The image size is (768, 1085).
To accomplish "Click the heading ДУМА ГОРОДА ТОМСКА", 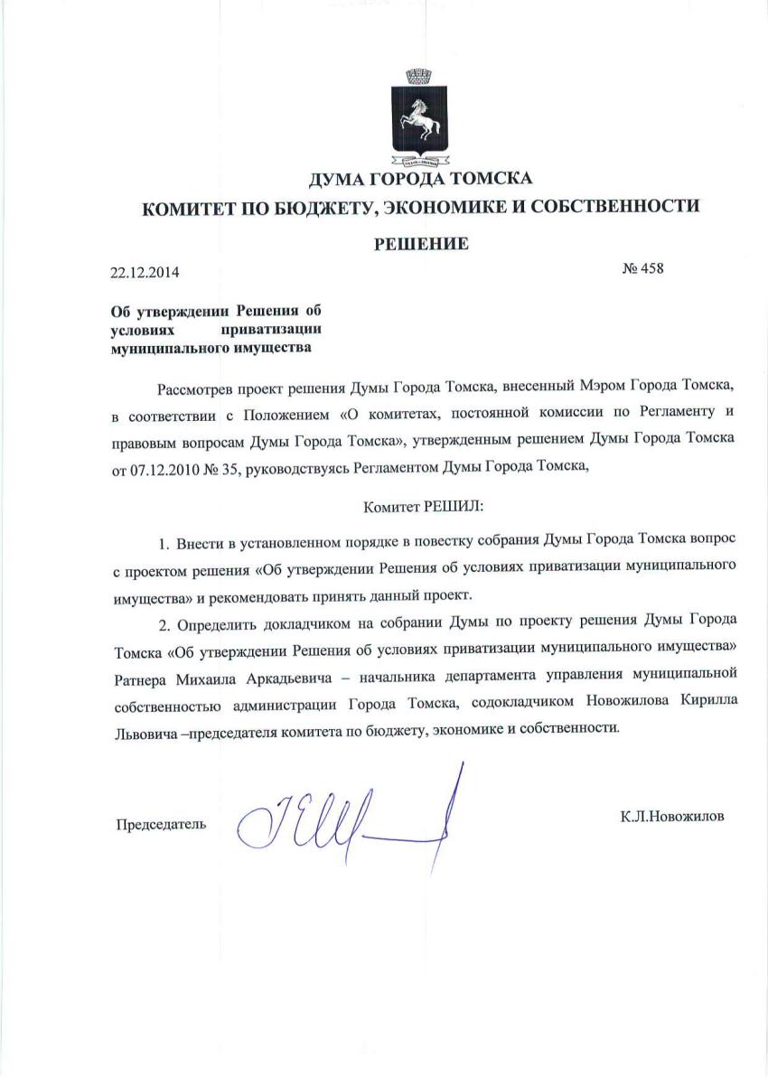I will [421, 178].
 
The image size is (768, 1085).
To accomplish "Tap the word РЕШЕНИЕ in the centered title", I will [421, 243].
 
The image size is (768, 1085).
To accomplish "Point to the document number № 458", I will [643, 268].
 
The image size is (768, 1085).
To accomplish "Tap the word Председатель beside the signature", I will [160, 823].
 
